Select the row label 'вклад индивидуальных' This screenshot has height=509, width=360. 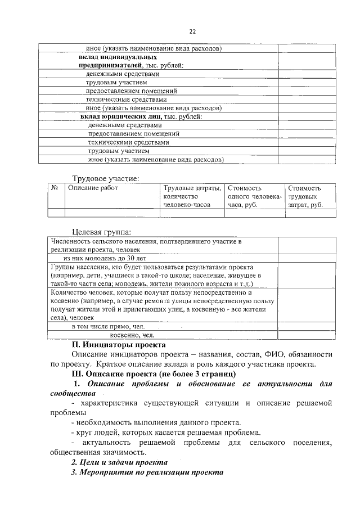117,57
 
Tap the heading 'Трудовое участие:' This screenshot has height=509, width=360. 105,178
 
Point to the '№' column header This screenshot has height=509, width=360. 56,188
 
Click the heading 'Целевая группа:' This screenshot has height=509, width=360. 101,232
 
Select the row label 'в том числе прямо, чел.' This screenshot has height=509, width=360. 108,326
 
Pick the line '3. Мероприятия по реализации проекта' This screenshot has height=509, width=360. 147,472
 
